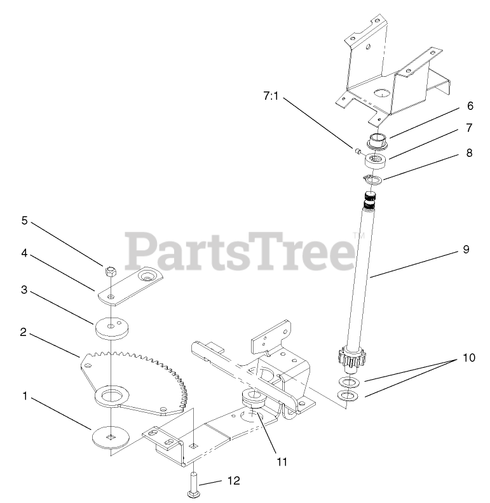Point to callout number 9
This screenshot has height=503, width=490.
point(466,250)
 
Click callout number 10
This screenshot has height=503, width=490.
point(468,358)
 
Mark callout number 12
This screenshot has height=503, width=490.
point(234,481)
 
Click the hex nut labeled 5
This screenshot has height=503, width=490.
point(109,271)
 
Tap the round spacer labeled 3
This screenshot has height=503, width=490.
point(112,329)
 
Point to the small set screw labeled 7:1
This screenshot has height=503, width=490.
point(358,151)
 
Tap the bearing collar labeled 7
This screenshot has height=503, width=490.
point(379,158)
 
